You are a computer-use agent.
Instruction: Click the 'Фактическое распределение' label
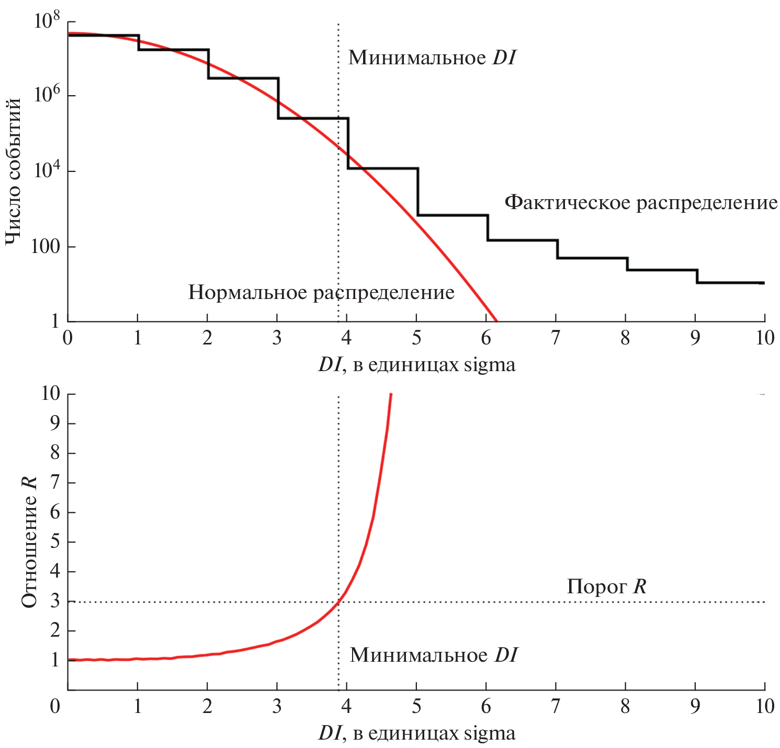(x=640, y=202)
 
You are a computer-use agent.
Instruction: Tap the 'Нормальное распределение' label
(x=321, y=292)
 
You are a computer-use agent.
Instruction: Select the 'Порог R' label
(x=606, y=586)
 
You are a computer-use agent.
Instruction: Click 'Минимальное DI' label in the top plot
(x=432, y=57)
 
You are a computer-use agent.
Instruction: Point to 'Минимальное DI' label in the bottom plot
(x=433, y=655)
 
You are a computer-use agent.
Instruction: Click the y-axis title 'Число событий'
(x=15, y=171)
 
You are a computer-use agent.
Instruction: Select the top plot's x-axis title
(x=416, y=364)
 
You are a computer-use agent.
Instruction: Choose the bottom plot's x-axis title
(x=416, y=733)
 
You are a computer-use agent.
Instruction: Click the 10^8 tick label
(x=47, y=22)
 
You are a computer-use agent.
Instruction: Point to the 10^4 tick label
(x=47, y=170)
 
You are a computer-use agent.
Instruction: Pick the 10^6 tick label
(x=47, y=96)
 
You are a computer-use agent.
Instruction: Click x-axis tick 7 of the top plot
(x=555, y=338)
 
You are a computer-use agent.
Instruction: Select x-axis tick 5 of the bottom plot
(x=416, y=707)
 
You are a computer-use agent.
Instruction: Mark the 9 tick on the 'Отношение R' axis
(x=55, y=423)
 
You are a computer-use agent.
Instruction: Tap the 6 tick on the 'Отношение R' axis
(x=55, y=512)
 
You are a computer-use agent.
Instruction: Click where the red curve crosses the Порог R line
(x=339, y=602)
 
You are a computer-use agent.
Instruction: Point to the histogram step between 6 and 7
(x=522, y=240)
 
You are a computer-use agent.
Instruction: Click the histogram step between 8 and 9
(x=662, y=270)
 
